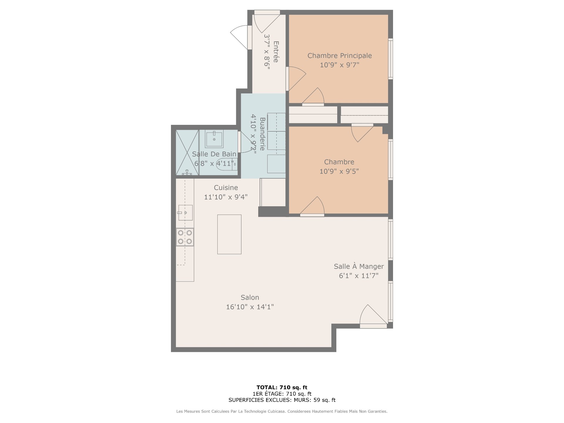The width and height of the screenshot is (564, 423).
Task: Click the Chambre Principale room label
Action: (340, 56)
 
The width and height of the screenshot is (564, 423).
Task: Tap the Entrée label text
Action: (276, 52)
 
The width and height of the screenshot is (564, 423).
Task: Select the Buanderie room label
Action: (262, 134)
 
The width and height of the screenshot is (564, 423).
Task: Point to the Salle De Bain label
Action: (214, 154)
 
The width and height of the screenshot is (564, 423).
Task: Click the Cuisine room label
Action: (226, 187)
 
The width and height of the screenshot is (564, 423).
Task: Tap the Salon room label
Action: (250, 297)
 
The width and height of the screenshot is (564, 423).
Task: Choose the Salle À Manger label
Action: (359, 266)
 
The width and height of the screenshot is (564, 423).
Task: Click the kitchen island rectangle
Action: (229, 234)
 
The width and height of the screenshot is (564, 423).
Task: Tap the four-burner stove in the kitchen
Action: (185, 237)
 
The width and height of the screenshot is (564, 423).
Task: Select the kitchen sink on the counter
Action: (185, 213)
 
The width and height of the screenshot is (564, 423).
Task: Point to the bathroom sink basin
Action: (214, 139)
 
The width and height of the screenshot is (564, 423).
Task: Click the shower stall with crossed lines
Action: (187, 153)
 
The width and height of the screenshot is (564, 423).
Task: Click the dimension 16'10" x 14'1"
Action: (250, 307)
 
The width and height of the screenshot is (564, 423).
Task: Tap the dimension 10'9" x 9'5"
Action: (339, 171)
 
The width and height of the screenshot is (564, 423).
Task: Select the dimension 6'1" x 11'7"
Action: (359, 276)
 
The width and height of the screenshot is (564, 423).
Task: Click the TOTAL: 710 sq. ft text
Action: (282, 387)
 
